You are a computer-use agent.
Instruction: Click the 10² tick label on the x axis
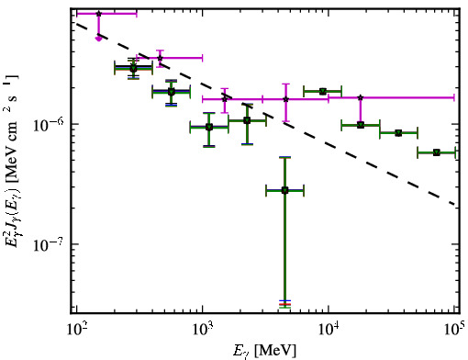tap(76, 330)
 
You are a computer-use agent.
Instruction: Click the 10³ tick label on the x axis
tap(203, 330)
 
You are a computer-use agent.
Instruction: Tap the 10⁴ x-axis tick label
tap(329, 330)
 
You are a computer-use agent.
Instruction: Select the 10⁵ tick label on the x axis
tap(454, 330)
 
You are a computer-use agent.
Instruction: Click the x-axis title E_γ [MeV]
tap(264, 351)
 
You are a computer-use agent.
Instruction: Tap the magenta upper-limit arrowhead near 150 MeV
tap(98, 39)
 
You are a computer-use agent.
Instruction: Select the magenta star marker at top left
tap(98, 14)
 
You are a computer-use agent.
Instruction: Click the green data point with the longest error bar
tap(284, 190)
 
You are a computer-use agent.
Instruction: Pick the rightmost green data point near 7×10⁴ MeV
tap(437, 152)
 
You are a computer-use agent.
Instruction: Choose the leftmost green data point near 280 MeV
tap(133, 68)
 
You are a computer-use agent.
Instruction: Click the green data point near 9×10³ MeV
tap(323, 91)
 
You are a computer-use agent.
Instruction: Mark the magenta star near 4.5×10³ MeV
tap(285, 99)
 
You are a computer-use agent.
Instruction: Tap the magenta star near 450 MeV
tap(160, 58)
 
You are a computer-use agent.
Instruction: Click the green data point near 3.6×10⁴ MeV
tap(398, 133)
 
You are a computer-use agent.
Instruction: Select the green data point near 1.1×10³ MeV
tap(209, 127)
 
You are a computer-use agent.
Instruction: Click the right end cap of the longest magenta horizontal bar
tap(454, 97)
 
